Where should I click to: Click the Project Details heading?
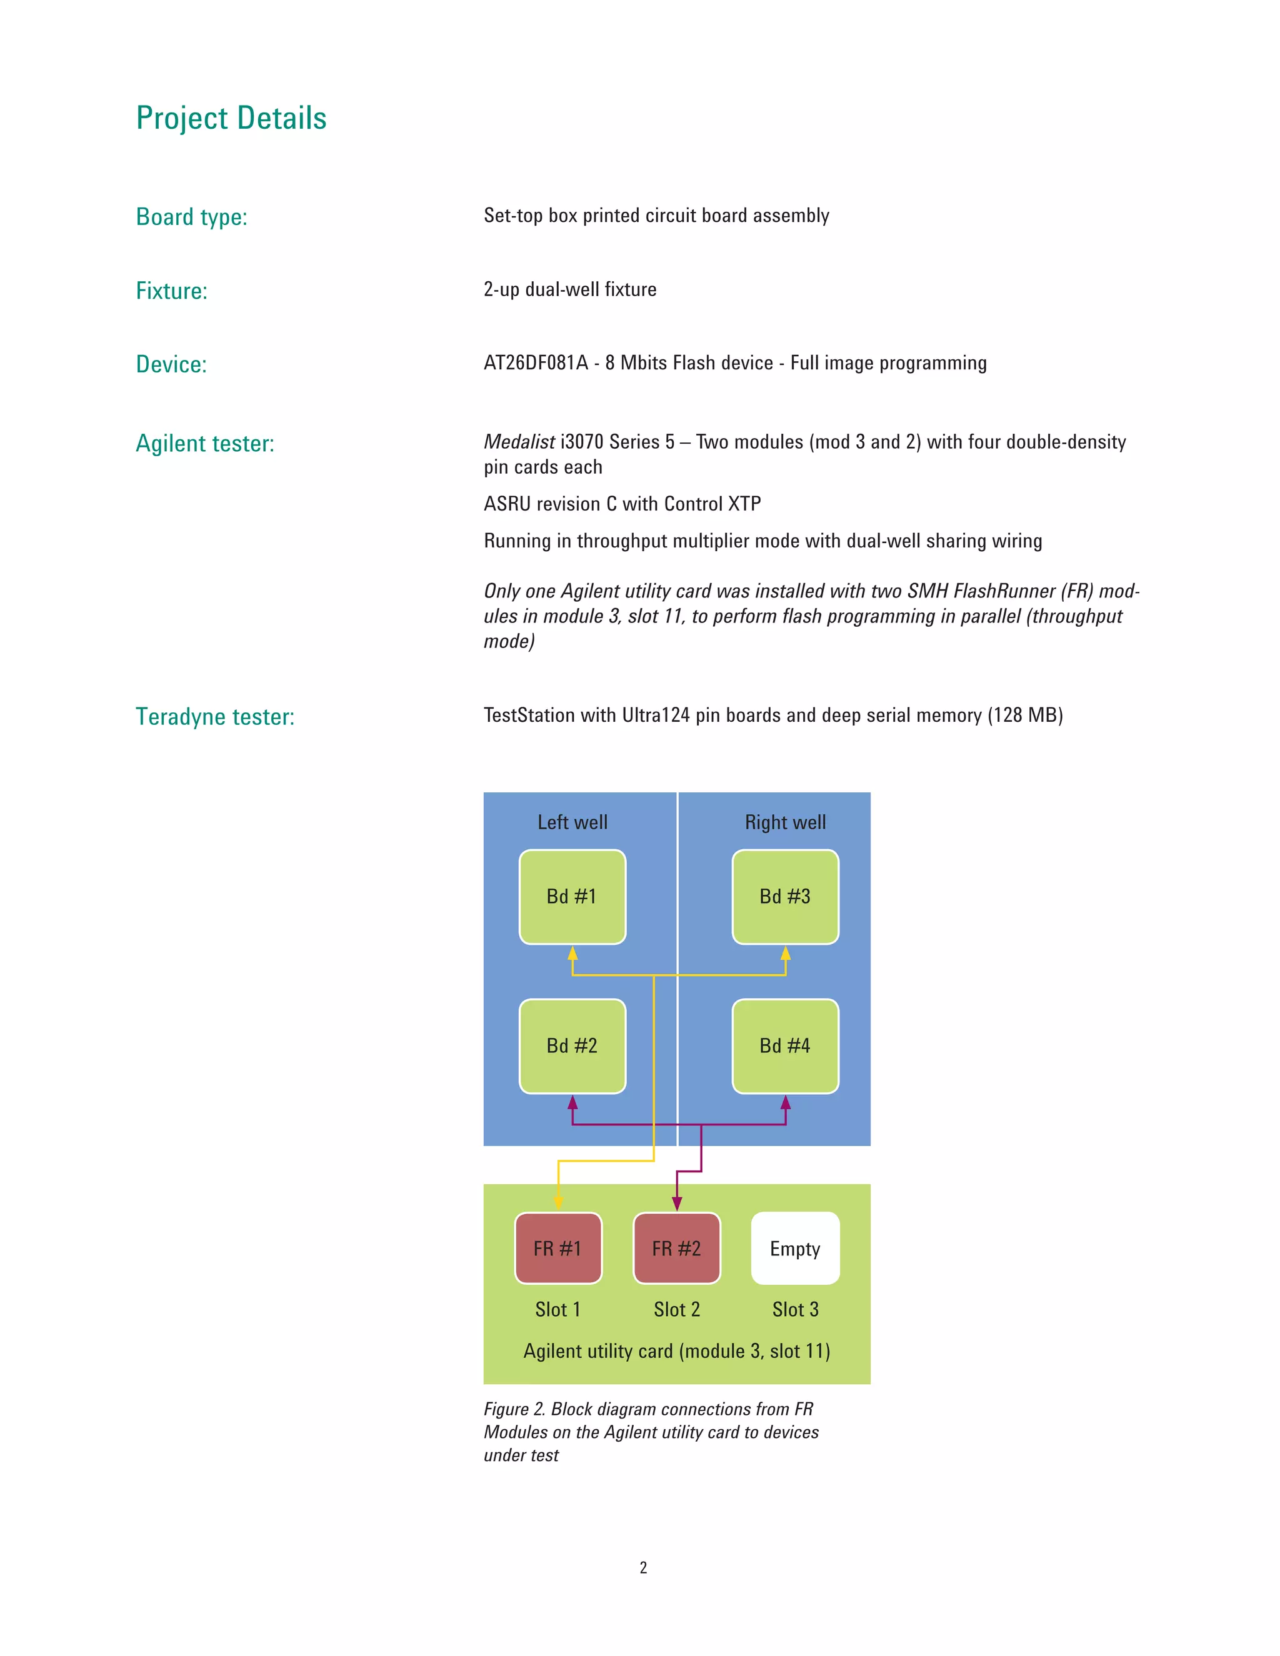pyautogui.click(x=231, y=118)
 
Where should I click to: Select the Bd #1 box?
pyautogui.click(x=572, y=896)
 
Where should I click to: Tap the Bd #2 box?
pyautogui.click(x=572, y=1045)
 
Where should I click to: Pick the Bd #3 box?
pyautogui.click(x=785, y=896)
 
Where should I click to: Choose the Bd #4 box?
pyautogui.click(x=785, y=1045)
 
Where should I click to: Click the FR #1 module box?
pyautogui.click(x=558, y=1248)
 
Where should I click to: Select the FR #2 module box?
pyautogui.click(x=676, y=1248)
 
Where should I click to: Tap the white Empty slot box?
pyautogui.click(x=795, y=1248)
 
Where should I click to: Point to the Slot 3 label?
pyautogui.click(x=795, y=1309)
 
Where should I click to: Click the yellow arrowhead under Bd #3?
pyautogui.click(x=786, y=953)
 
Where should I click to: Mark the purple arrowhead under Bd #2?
pyautogui.click(x=572, y=1102)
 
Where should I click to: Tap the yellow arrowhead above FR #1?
pyautogui.click(x=559, y=1202)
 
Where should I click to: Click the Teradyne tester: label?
pyautogui.click(x=214, y=717)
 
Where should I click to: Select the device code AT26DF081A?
pyautogui.click(x=536, y=363)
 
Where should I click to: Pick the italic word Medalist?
pyautogui.click(x=519, y=442)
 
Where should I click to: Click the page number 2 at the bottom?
pyautogui.click(x=643, y=1567)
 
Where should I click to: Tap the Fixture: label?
pyautogui.click(x=171, y=291)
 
